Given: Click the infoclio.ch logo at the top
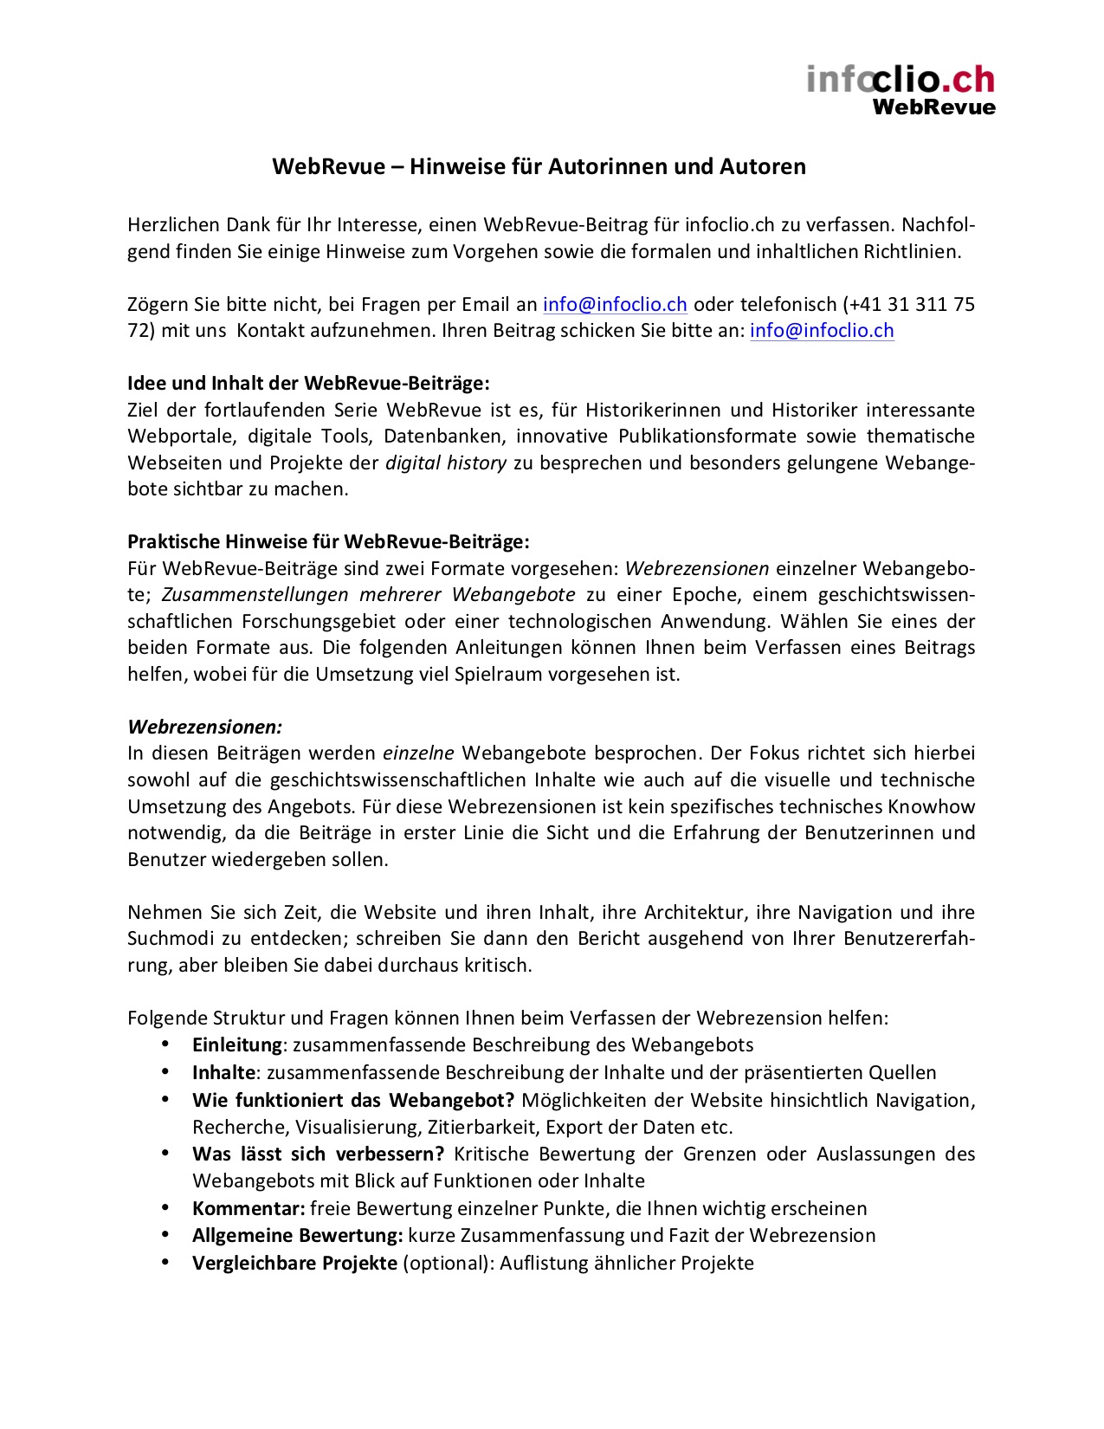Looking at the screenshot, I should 901,80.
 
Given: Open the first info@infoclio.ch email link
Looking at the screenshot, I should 615,305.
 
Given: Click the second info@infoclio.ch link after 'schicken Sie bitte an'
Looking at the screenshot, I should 822,331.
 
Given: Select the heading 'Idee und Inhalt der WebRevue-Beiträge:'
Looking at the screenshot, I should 308,383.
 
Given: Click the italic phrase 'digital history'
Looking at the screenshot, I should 446,463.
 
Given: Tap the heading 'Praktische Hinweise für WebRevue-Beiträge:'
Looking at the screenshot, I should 328,542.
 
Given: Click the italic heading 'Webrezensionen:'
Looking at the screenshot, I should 205,727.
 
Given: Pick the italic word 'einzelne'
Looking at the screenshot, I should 418,753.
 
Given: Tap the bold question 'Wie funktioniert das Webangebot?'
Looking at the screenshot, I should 353,1101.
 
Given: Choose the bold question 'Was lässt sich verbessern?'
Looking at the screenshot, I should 319,1154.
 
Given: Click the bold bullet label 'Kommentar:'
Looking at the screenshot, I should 249,1209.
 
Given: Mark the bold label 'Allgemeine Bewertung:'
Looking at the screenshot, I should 298,1236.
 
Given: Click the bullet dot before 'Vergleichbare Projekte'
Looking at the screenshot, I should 165,1263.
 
